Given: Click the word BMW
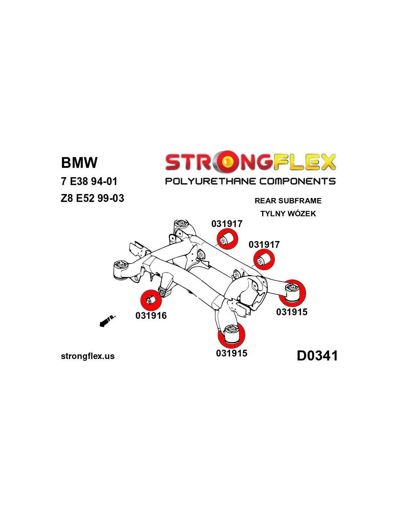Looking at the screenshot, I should click(x=79, y=162).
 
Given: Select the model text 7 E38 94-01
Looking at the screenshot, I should click(x=89, y=181).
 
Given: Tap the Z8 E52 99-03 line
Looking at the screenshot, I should click(x=92, y=198).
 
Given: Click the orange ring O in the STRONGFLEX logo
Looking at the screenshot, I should click(x=227, y=162).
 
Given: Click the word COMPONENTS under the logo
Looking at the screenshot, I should click(x=297, y=181).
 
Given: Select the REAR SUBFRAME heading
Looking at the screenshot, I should click(x=288, y=201).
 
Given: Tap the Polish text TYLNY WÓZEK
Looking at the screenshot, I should click(x=288, y=214).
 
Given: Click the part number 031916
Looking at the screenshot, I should click(x=151, y=316).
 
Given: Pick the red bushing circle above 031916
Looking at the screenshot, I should click(x=151, y=300).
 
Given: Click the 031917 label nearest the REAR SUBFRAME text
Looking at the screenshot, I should click(x=264, y=245).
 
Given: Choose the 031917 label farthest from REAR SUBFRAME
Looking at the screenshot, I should click(x=227, y=224).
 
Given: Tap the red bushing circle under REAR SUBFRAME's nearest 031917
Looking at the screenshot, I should click(x=264, y=260).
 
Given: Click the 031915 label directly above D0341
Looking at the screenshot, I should click(x=292, y=312).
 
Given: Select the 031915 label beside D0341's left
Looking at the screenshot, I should click(x=231, y=353).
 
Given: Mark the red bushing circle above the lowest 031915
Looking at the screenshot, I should click(x=231, y=335).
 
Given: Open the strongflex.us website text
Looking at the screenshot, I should click(x=88, y=356).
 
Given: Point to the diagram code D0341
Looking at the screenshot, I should click(x=317, y=356).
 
